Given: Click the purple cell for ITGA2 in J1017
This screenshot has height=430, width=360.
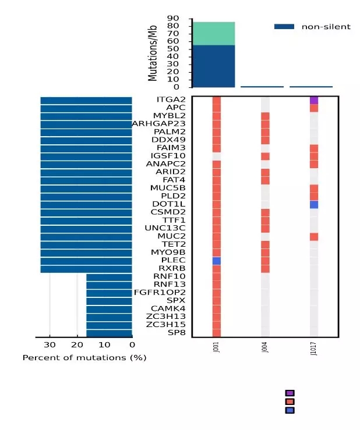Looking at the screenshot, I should pos(313,100).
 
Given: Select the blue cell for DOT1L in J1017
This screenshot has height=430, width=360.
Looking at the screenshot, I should pos(313,204).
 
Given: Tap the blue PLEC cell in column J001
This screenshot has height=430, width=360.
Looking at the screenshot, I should pos(217,261).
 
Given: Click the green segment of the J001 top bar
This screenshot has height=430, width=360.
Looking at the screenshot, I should pos(214,34).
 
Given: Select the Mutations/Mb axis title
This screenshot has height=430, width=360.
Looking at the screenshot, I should pos(153,54).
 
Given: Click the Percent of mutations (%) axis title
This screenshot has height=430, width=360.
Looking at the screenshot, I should pos(84,357).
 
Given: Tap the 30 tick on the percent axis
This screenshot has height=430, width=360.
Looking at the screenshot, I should pos(50,344).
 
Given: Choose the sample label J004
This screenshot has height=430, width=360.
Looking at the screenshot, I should pos(265,348).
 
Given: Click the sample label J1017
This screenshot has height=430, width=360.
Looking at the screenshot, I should pos(314,349).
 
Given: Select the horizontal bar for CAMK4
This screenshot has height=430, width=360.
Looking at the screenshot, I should pos(109,309).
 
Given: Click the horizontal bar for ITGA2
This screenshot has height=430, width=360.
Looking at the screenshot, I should pos(86,100).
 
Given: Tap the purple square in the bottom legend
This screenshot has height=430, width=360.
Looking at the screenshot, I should pos(290,393).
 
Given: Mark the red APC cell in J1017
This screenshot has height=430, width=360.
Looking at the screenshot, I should pos(313,108).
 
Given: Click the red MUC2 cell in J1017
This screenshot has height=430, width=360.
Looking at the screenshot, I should pos(313,237).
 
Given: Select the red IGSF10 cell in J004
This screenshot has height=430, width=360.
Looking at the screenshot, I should pos(265,156).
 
